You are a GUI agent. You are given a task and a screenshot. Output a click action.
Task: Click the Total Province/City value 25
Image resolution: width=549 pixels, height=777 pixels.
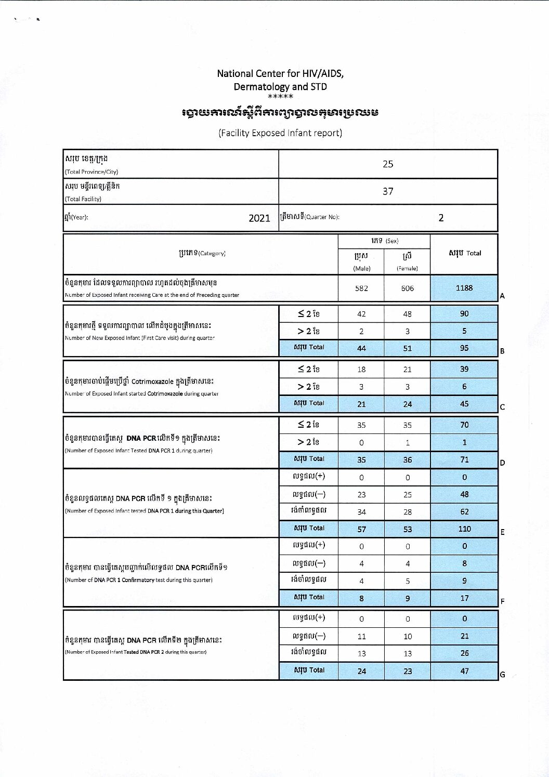(388, 164)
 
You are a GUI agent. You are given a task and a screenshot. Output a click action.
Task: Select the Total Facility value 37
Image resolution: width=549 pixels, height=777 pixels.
(388, 191)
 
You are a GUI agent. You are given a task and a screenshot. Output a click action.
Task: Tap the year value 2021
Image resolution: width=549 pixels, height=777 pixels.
(259, 218)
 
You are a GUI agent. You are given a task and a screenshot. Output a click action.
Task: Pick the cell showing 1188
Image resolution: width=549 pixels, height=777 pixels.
(464, 287)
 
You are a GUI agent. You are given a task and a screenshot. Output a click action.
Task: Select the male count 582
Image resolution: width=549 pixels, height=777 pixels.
(361, 288)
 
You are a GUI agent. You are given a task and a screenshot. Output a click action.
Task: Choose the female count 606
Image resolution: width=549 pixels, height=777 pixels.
(407, 288)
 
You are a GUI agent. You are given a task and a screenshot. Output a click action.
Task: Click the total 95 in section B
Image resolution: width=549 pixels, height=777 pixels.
(464, 348)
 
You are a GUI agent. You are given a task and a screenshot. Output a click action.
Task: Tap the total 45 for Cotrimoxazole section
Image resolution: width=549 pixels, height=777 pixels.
(464, 404)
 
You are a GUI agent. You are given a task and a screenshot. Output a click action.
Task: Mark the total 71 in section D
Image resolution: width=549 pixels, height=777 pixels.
(464, 459)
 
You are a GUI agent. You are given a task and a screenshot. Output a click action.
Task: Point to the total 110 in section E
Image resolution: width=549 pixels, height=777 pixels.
(464, 529)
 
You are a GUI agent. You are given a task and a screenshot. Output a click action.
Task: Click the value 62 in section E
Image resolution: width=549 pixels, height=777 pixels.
(464, 511)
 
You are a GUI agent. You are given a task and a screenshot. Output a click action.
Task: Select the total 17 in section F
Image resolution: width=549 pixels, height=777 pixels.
(464, 598)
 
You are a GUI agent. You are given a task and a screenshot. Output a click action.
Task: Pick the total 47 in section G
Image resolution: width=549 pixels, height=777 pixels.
(464, 671)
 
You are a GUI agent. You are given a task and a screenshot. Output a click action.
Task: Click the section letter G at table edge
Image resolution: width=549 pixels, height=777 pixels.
(502, 675)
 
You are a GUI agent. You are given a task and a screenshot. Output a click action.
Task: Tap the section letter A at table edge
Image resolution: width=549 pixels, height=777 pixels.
(502, 296)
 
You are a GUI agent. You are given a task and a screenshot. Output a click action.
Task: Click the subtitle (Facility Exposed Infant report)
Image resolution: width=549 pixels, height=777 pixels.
(280, 133)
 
